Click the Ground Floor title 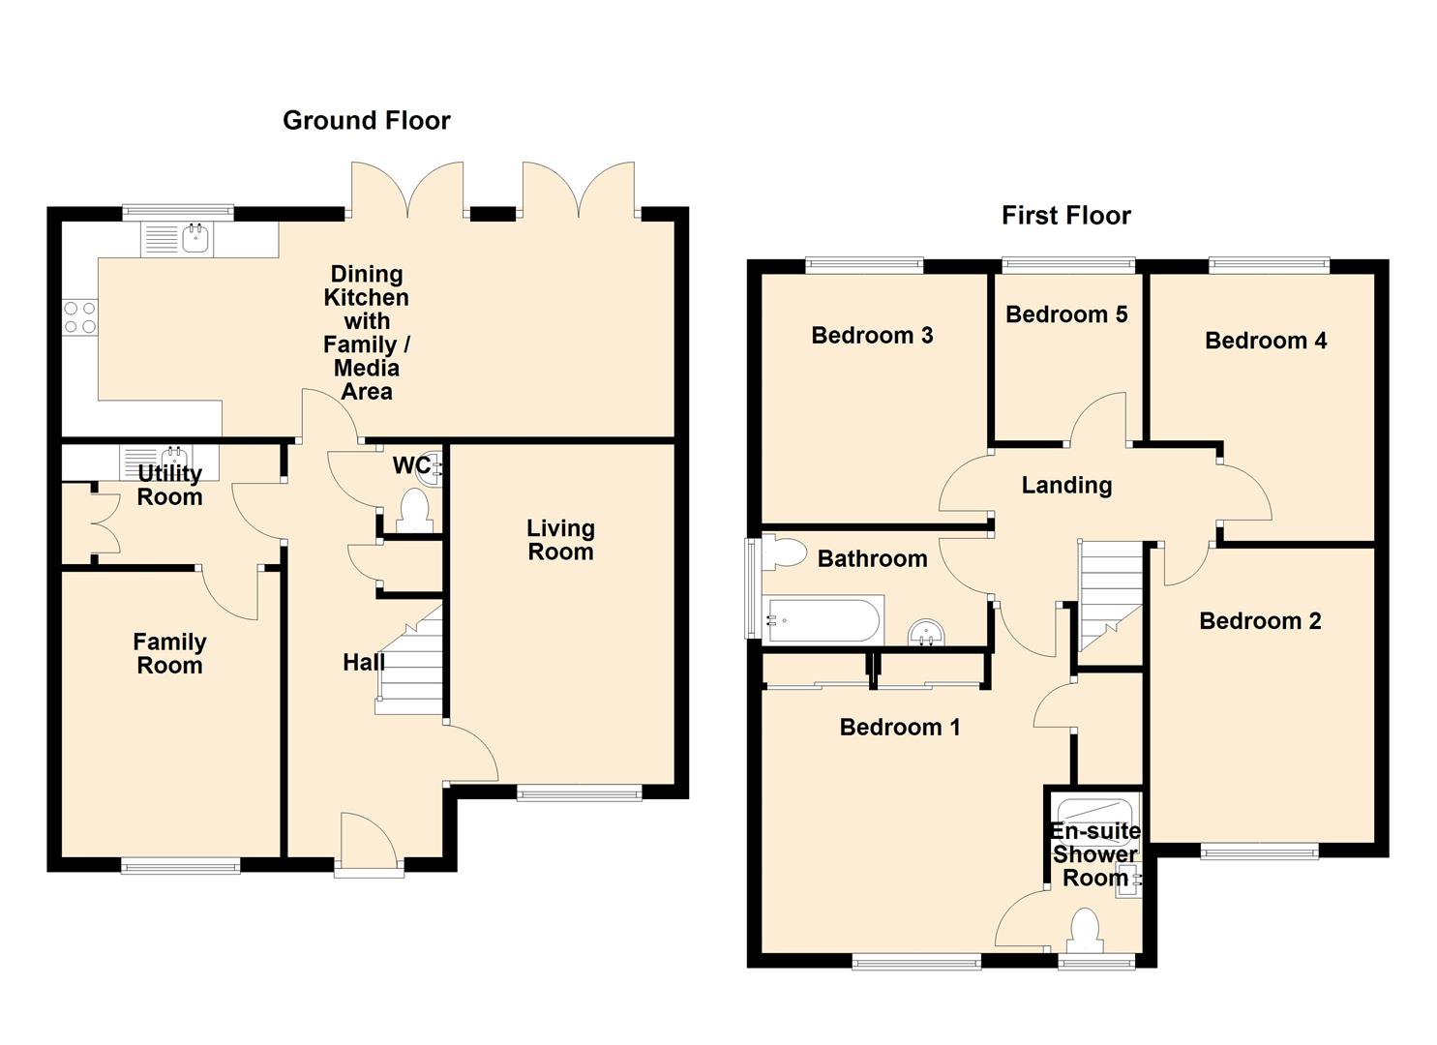tap(367, 121)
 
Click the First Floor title tap(1066, 216)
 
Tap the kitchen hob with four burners tap(80, 317)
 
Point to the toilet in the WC tap(414, 511)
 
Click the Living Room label tap(560, 540)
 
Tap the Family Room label tap(170, 654)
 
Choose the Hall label tap(364, 662)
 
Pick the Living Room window tap(580, 794)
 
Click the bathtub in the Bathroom tap(823, 620)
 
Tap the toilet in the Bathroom tap(784, 552)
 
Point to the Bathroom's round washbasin tap(926, 633)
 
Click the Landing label tap(1066, 485)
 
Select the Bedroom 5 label tap(1066, 314)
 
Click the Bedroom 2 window tap(1259, 851)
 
